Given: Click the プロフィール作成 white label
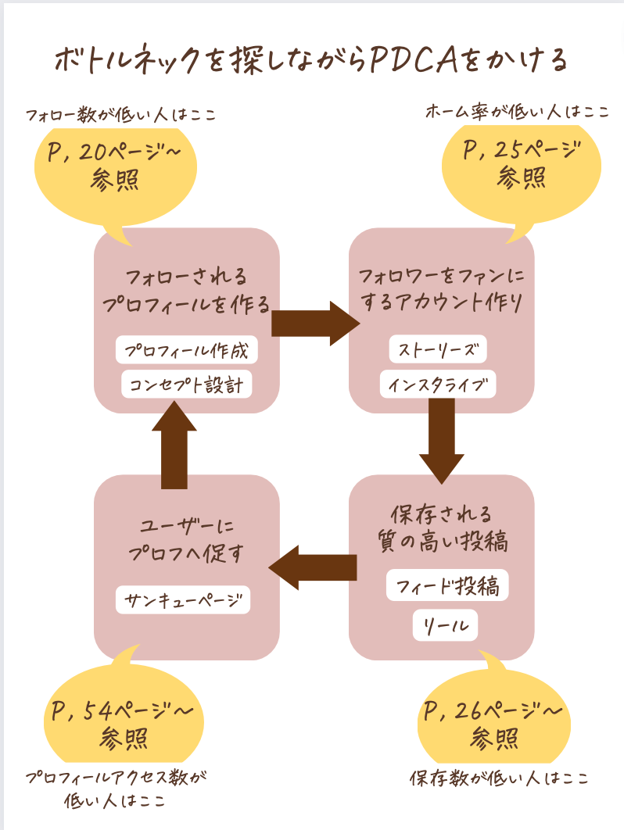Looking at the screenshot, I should point(186,351).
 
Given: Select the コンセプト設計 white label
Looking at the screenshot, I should point(186,385).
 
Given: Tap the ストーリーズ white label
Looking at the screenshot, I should point(437,349).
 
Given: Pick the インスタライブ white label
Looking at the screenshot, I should point(438,385).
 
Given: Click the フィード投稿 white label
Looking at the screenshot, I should point(447,585).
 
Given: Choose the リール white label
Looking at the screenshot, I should point(445,625).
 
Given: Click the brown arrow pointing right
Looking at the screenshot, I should point(314,322).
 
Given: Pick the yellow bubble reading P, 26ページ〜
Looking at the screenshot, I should point(493,723).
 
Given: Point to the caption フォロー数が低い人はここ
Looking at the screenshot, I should point(120,116).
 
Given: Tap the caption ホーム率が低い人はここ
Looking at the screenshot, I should point(516,112).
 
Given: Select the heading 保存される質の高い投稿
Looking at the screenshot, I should point(442,528).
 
